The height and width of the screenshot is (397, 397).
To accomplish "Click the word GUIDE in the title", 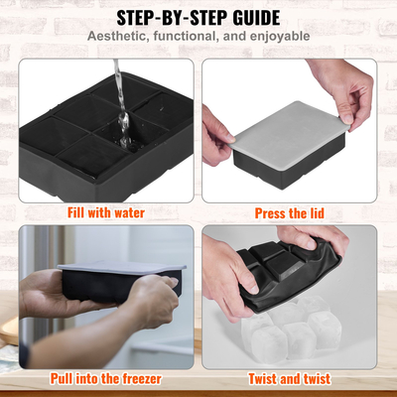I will (245, 17).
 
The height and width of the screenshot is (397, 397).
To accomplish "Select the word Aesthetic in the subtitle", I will (119, 37).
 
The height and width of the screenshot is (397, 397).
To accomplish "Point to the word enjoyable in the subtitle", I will (275, 37).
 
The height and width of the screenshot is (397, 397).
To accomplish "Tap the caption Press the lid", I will (290, 211).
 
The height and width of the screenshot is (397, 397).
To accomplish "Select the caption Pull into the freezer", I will (105, 378).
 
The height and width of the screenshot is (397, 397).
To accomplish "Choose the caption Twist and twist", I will (291, 378).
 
